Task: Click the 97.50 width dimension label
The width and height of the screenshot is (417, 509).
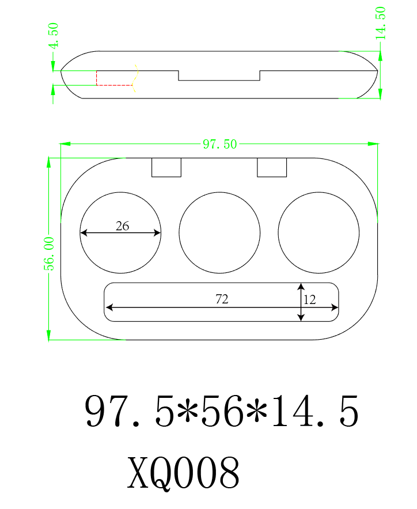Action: pyautogui.click(x=219, y=144)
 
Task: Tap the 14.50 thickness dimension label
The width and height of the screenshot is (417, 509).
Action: pyautogui.click(x=381, y=23)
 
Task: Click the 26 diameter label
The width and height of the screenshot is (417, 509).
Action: pyautogui.click(x=122, y=226)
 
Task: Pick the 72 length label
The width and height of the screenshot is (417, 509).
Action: pyautogui.click(x=222, y=299)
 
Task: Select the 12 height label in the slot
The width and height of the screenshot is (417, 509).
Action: pyautogui.click(x=310, y=299)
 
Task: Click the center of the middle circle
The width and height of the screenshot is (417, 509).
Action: pyautogui.click(x=219, y=233)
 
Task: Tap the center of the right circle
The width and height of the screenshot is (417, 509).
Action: pyautogui.click(x=319, y=233)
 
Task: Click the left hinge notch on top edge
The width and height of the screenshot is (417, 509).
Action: pyautogui.click(x=166, y=167)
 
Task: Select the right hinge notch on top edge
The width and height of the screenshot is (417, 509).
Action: pyautogui.click(x=272, y=167)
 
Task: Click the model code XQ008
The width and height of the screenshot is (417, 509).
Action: pyautogui.click(x=183, y=473)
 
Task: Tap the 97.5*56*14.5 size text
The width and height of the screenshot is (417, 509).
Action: pyautogui.click(x=222, y=412)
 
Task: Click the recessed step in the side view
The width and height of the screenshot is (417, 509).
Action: pyautogui.click(x=219, y=76)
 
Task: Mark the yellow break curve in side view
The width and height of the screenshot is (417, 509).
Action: pyautogui.click(x=135, y=78)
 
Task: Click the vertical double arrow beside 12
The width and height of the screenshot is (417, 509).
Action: pyautogui.click(x=301, y=302)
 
